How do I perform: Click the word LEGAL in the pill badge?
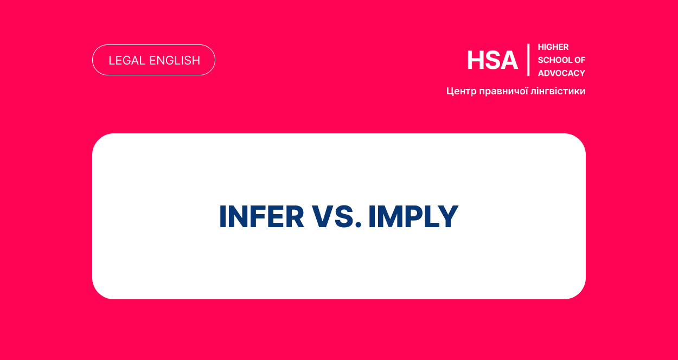click(x=127, y=61)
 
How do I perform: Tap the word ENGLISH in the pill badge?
click(x=175, y=61)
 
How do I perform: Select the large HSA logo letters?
click(x=492, y=60)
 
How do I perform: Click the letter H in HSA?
click(x=476, y=60)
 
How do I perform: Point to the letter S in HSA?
click(x=492, y=60)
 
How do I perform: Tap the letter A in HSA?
click(x=509, y=60)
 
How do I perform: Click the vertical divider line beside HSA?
click(x=528, y=60)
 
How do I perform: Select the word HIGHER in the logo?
click(x=553, y=47)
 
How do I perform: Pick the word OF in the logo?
click(x=580, y=60)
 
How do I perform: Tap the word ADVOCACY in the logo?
click(x=561, y=73)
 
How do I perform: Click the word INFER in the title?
click(x=261, y=216)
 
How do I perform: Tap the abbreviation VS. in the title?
click(x=337, y=216)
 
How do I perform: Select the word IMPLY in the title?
click(x=413, y=216)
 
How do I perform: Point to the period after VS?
click(x=359, y=224)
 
